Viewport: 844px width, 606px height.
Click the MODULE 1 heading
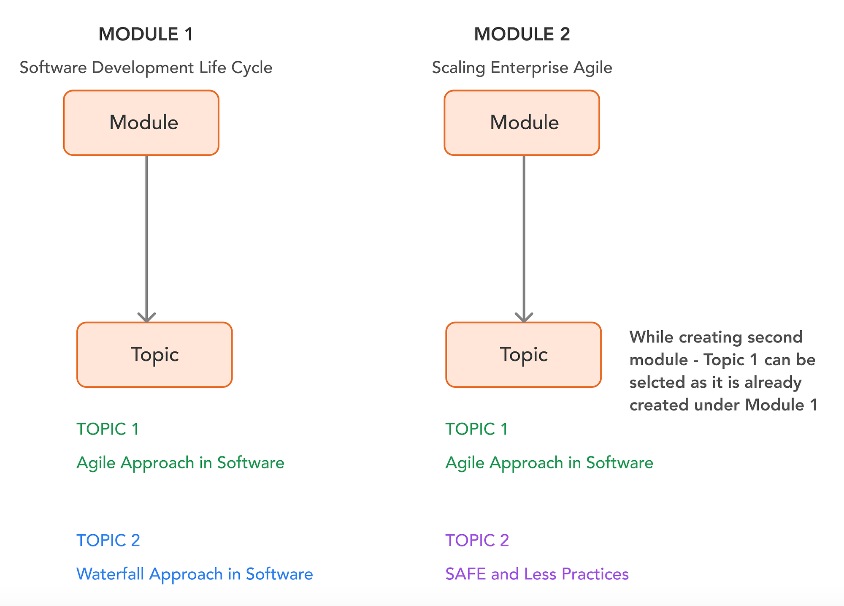[146, 34]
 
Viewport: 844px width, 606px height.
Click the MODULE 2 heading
[522, 34]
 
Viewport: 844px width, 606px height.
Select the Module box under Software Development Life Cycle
[141, 123]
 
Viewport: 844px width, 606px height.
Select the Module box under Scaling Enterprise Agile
[522, 123]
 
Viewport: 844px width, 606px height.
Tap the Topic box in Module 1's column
[154, 355]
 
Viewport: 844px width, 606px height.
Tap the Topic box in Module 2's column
[523, 355]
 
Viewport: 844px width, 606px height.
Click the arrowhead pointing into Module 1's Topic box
[146, 318]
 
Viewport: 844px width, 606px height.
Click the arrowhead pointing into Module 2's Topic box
[524, 318]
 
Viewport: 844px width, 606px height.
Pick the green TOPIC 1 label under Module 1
[108, 429]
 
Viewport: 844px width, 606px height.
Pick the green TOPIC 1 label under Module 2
[476, 429]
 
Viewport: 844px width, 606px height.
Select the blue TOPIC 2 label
[108, 541]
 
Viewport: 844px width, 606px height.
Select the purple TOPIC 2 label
[477, 541]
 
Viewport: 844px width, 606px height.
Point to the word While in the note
[651, 337]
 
